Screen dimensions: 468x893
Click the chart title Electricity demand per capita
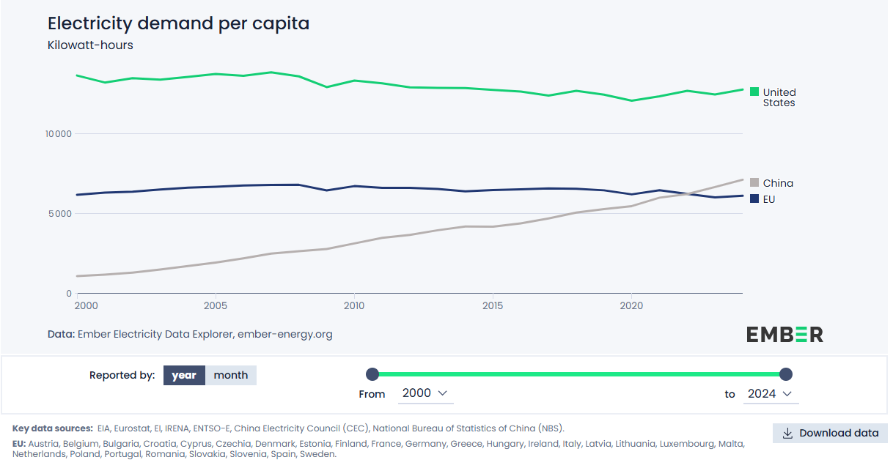[x=178, y=23]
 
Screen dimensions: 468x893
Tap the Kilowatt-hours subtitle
[x=90, y=45]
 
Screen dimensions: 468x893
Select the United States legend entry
[x=779, y=97]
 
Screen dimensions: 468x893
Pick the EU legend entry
[x=768, y=199]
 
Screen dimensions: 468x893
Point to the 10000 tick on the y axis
[x=58, y=134]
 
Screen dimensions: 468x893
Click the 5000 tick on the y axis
[x=60, y=214]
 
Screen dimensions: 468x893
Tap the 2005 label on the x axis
[x=215, y=305]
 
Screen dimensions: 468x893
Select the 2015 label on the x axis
[x=493, y=305]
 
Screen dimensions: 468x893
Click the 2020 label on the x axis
[x=631, y=305]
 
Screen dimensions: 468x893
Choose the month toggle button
[x=231, y=375]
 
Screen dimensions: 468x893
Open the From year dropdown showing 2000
[x=425, y=393]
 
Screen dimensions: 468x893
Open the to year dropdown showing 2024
[x=770, y=393]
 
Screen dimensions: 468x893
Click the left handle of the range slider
[x=372, y=374]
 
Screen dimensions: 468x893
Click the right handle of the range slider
[x=786, y=374]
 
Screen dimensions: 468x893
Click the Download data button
[x=830, y=433]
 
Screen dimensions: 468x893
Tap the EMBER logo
[x=784, y=335]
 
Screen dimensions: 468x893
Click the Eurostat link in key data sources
[x=133, y=428]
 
